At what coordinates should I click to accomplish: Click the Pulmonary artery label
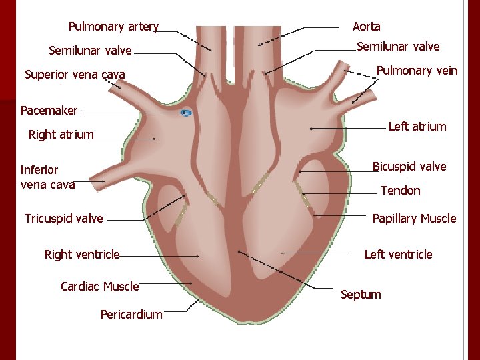pos(113,27)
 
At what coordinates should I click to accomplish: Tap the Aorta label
pos(366,27)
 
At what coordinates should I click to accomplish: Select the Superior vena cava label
pos(75,74)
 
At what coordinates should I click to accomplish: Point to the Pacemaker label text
pos(49,110)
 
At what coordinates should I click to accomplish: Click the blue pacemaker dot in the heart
pos(186,113)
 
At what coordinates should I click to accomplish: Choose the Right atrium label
pos(61,135)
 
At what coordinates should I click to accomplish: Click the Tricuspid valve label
pos(63,219)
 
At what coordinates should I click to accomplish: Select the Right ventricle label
pos(82,254)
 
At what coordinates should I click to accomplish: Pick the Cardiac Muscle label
pos(99,287)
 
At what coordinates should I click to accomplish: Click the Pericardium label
pos(131,314)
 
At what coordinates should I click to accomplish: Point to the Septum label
pos(361,294)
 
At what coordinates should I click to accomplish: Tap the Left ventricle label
pos(398,254)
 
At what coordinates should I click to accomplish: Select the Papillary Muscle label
pos(414,219)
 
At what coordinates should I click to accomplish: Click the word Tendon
pos(400,191)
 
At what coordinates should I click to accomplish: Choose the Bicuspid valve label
pos(409,166)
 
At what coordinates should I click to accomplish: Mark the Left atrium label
pos(417,127)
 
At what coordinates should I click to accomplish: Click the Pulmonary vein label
pos(417,71)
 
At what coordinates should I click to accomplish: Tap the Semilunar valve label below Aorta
pos(398,47)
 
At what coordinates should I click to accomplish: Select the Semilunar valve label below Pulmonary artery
pos(90,51)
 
